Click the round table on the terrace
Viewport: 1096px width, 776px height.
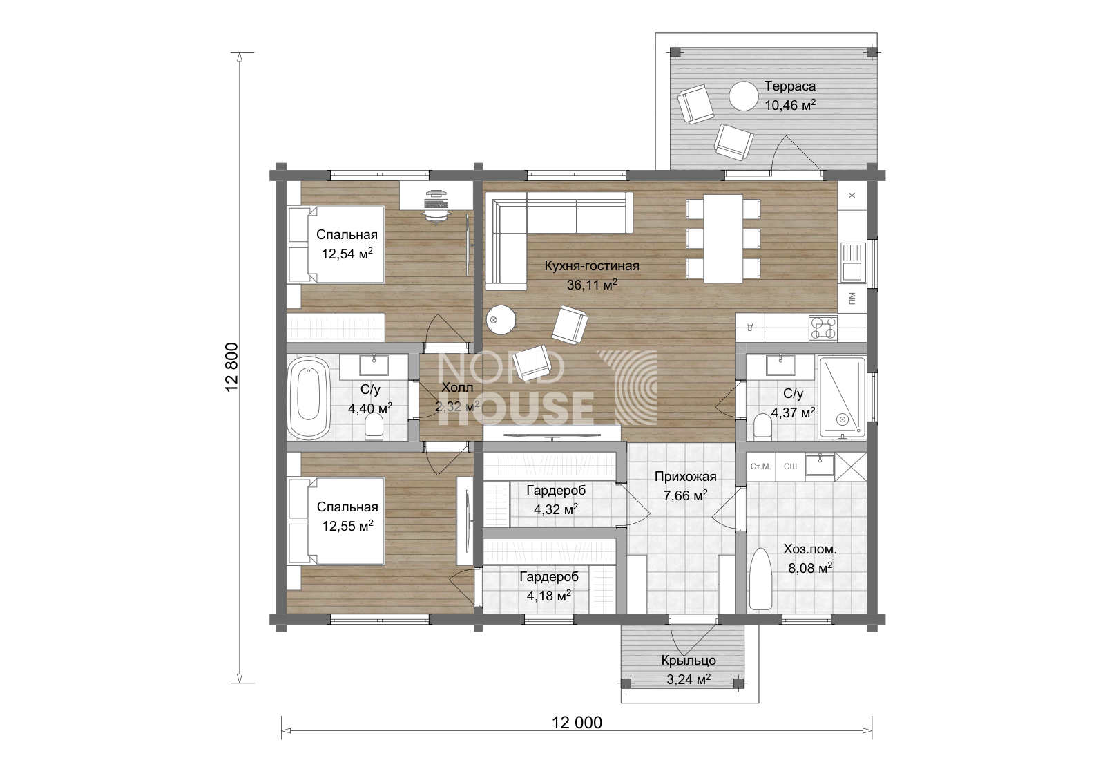pyautogui.click(x=743, y=96)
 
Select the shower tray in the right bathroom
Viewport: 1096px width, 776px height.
pyautogui.click(x=842, y=397)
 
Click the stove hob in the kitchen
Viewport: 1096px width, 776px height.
pyautogui.click(x=823, y=328)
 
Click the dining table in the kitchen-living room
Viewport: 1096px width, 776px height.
pyautogui.click(x=723, y=238)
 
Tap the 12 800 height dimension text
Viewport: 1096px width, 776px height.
pyautogui.click(x=232, y=367)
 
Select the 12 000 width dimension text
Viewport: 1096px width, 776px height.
pyautogui.click(x=577, y=722)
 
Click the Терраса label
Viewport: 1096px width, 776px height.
pyautogui.click(x=789, y=86)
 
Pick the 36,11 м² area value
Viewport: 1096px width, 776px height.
pyautogui.click(x=592, y=285)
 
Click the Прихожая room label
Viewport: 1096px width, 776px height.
pyautogui.click(x=685, y=476)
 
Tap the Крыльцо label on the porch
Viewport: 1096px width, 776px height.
pyautogui.click(x=689, y=661)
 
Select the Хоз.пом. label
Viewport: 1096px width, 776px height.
pyautogui.click(x=810, y=549)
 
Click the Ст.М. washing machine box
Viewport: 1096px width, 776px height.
pyautogui.click(x=761, y=466)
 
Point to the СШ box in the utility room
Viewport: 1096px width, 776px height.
pyautogui.click(x=790, y=466)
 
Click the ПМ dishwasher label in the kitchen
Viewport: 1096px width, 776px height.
pyautogui.click(x=852, y=298)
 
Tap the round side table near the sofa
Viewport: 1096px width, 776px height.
pyautogui.click(x=501, y=320)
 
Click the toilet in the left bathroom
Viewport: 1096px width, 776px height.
pyautogui.click(x=374, y=427)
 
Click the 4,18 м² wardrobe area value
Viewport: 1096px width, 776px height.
pyautogui.click(x=549, y=596)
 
